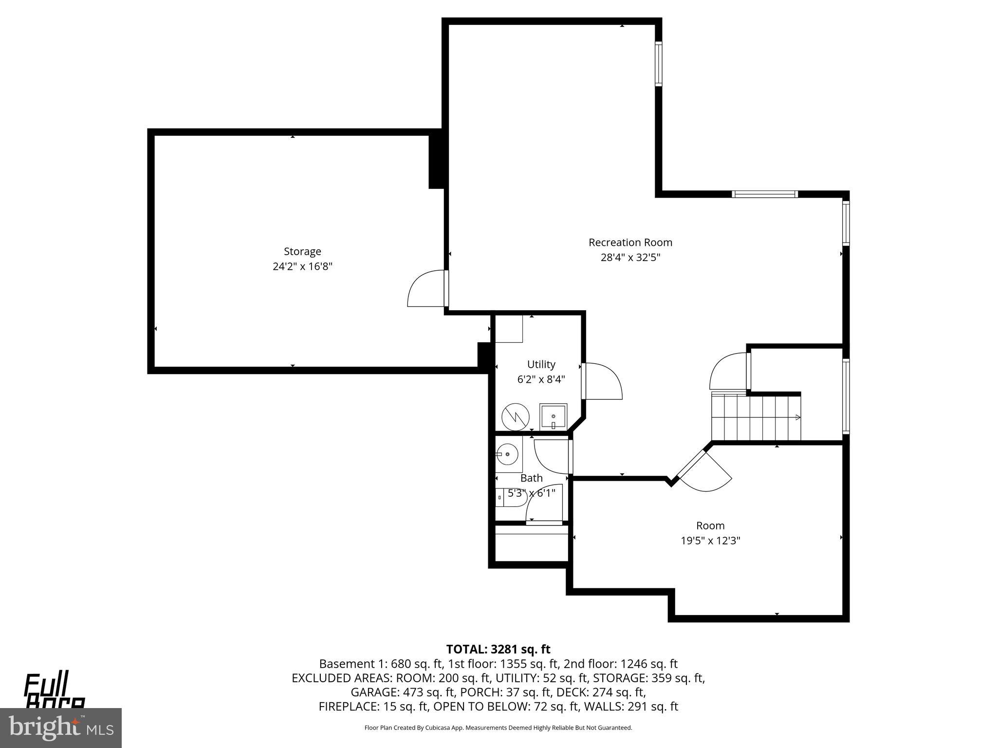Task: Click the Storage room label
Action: tap(302, 251)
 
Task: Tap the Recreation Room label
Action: tap(630, 242)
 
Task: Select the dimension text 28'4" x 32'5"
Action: tap(630, 257)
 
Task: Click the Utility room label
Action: tap(541, 364)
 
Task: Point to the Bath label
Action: tap(531, 478)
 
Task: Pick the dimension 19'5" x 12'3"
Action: tap(710, 541)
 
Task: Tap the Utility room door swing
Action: tap(604, 382)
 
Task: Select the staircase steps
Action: tap(755, 417)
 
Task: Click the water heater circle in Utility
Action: tap(516, 416)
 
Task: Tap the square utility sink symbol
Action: tap(553, 417)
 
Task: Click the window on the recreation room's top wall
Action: tap(764, 194)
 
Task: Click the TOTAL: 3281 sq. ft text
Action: tap(498, 649)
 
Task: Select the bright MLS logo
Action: tap(61, 728)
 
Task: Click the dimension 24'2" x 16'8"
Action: tap(302, 266)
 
